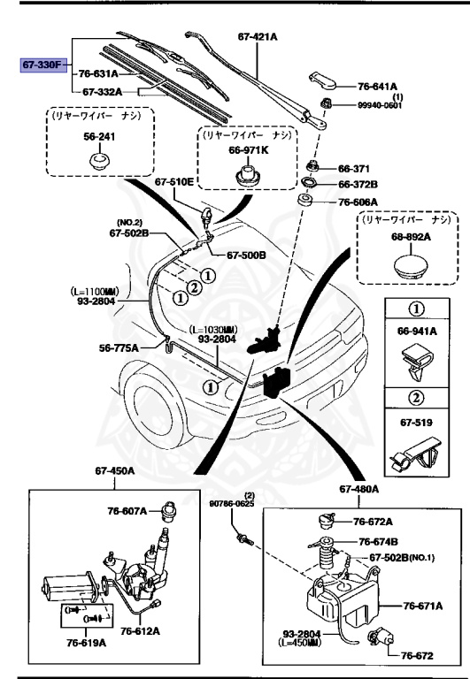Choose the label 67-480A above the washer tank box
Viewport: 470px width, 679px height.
tap(358, 489)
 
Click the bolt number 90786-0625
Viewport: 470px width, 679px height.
tap(232, 504)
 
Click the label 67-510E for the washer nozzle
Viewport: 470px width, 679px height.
tap(174, 182)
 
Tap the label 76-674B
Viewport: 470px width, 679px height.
tap(378, 541)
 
